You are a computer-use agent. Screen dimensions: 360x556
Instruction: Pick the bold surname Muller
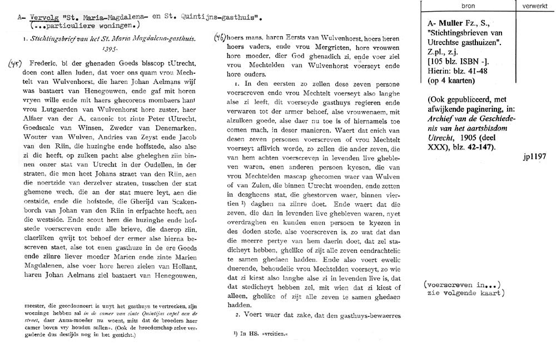click(447, 23)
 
